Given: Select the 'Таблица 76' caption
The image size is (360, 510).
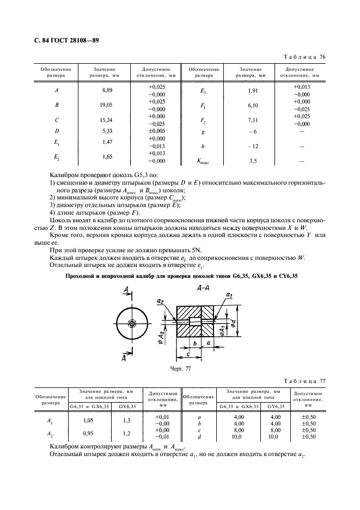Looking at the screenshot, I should click(x=306, y=57).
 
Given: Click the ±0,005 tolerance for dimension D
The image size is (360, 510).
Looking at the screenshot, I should click(x=156, y=131).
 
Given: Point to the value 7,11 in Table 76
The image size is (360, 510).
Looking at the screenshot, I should click(x=249, y=119).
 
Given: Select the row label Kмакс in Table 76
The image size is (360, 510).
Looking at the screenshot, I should click(x=204, y=161).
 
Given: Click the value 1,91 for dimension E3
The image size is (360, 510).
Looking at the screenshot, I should click(x=249, y=90).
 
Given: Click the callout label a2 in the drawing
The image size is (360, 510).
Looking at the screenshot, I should click(x=160, y=300).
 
